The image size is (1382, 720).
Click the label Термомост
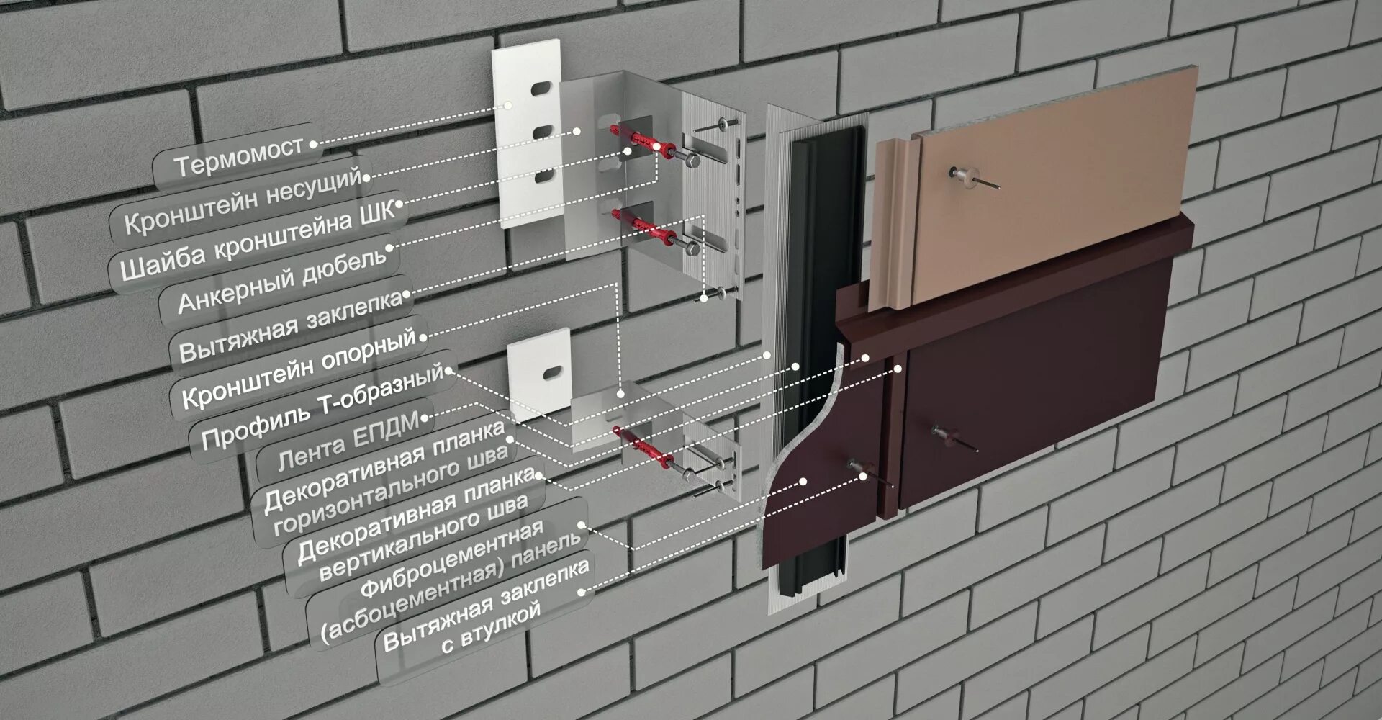tap(238, 156)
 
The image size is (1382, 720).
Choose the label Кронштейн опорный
tap(299, 368)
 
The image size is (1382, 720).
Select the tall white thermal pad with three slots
tap(528, 133)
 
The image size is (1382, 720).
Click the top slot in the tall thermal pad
tap(541, 89)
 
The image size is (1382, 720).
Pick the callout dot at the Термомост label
tap(314, 144)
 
